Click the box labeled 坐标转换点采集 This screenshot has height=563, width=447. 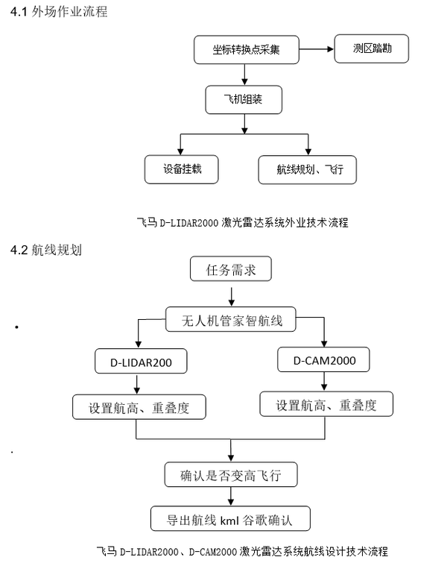(x=246, y=49)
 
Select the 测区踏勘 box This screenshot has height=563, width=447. (x=371, y=48)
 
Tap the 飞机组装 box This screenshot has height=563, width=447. (x=244, y=99)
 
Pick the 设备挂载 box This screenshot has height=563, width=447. (x=182, y=169)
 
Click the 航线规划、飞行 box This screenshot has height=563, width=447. (x=308, y=169)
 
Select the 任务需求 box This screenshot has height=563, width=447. (x=231, y=268)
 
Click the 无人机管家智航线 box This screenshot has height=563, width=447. (x=231, y=319)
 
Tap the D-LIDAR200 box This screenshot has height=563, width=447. (x=141, y=361)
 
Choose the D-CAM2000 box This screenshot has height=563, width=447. (x=323, y=359)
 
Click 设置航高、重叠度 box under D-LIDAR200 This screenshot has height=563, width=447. (x=139, y=407)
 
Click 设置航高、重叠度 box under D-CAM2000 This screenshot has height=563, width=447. (x=326, y=404)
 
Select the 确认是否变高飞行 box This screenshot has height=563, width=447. (x=231, y=475)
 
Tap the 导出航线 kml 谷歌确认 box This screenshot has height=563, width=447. (x=230, y=518)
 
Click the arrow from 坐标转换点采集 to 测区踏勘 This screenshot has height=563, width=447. (x=317, y=49)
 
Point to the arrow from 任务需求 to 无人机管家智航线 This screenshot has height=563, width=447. (x=232, y=297)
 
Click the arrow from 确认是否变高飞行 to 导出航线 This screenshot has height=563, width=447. (x=231, y=497)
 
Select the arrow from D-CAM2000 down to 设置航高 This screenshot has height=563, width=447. (x=324, y=381)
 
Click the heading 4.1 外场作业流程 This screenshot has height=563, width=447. (x=59, y=11)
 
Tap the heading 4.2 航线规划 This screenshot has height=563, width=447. (x=46, y=250)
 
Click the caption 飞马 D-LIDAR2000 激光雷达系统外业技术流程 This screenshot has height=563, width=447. (x=243, y=223)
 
